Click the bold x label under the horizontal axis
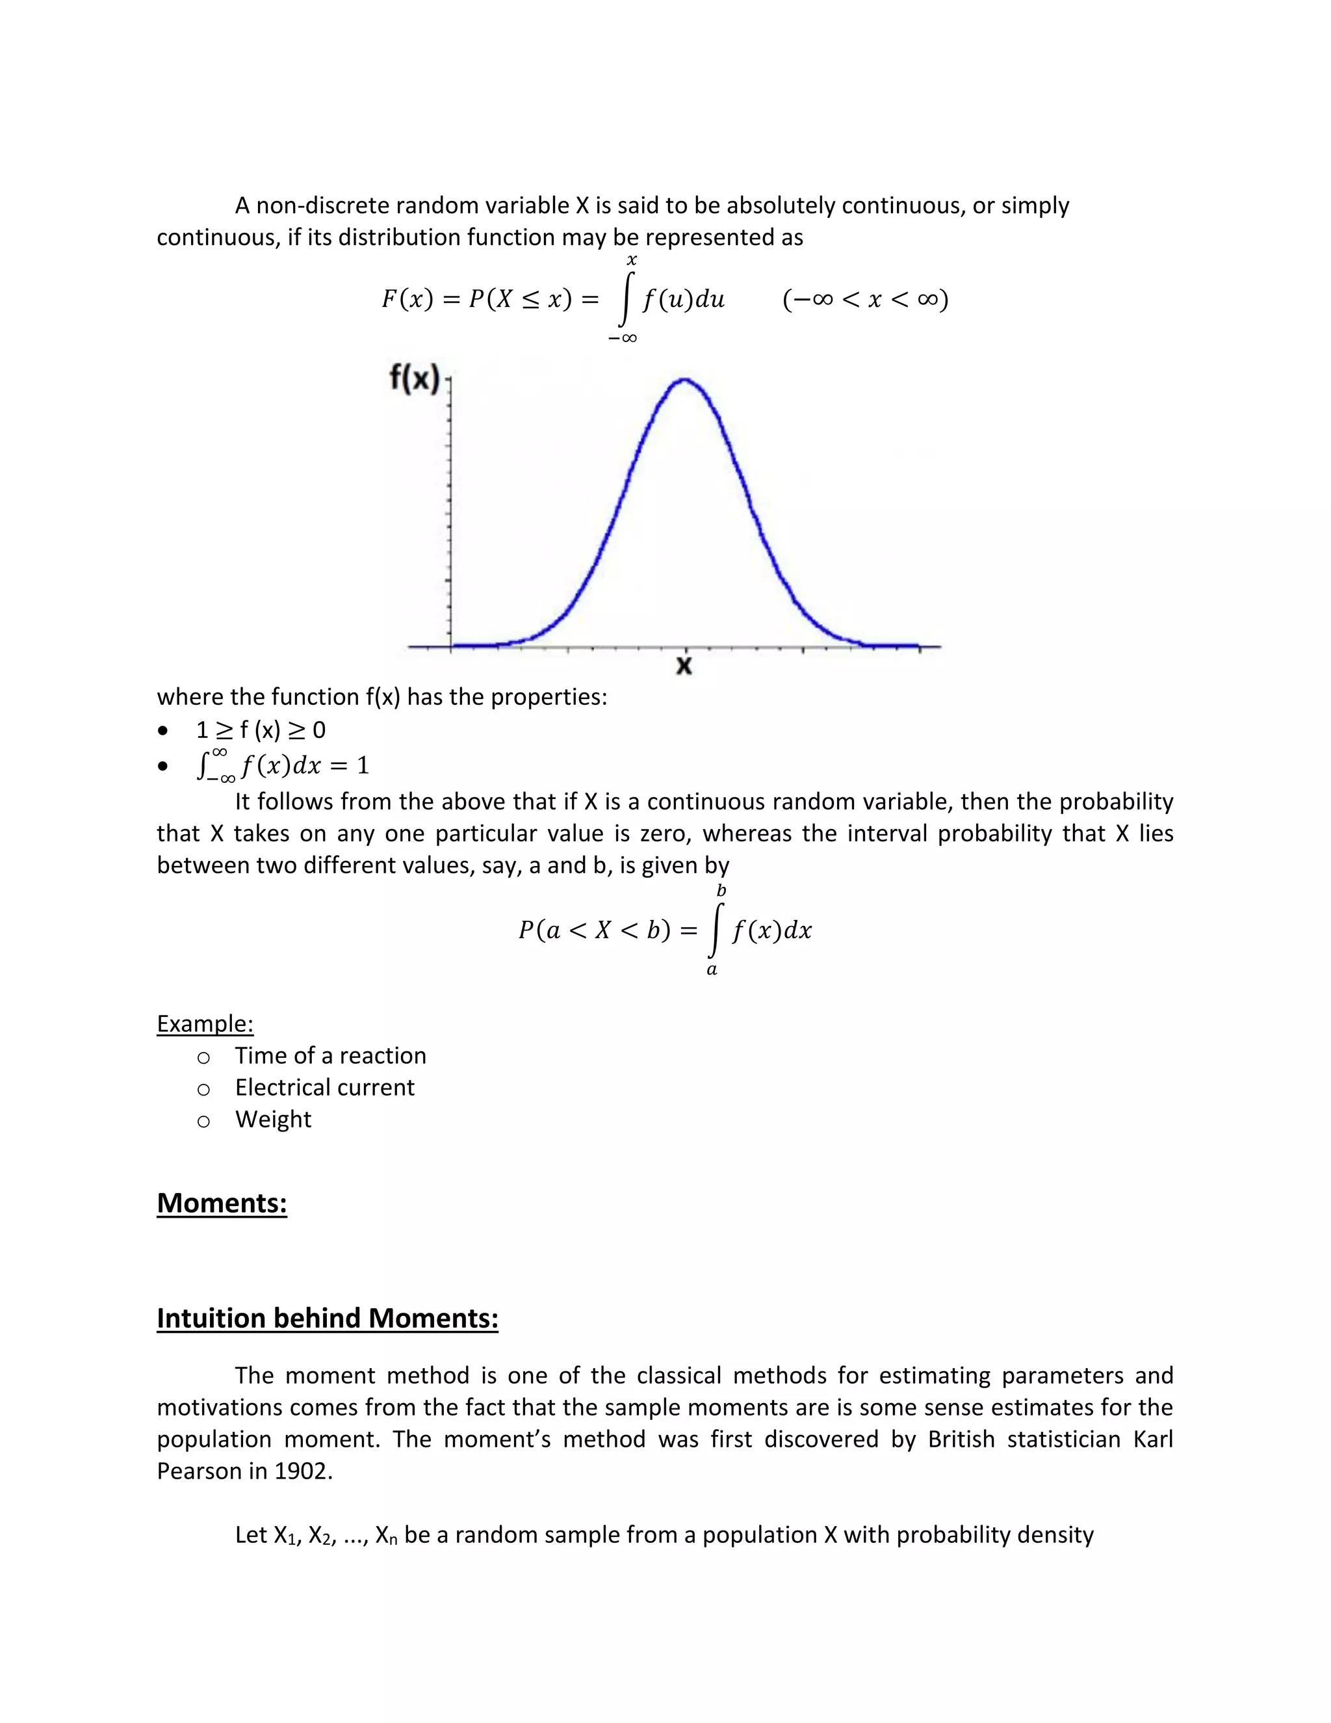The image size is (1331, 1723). pos(684,666)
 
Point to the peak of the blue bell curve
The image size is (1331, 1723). pos(684,380)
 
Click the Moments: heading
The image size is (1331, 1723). pos(222,1203)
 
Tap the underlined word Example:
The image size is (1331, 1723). pos(205,1023)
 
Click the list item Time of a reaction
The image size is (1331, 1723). pos(330,1055)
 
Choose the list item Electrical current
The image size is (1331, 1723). pos(324,1087)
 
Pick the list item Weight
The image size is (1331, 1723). pos(273,1120)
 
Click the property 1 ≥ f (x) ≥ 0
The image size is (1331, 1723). pos(260,730)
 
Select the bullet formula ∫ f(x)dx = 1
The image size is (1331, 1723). pos(282,765)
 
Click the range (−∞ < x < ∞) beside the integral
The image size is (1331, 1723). pos(865,300)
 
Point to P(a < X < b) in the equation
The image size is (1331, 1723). pos(595,931)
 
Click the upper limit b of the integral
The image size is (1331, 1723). pos(721,891)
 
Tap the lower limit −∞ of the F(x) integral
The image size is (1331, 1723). pos(622,339)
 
